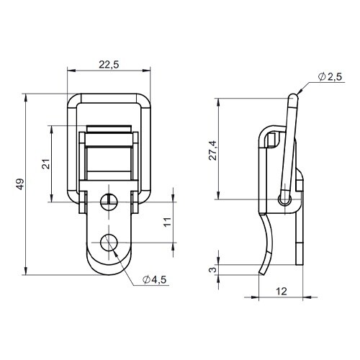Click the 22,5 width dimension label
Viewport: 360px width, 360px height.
pyautogui.click(x=109, y=65)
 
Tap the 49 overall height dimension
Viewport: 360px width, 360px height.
pyautogui.click(x=20, y=184)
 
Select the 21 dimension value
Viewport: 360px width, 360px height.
pyautogui.click(x=46, y=164)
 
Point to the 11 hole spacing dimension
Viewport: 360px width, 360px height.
pyautogui.click(x=168, y=222)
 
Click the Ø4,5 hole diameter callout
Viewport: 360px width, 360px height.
pyautogui.click(x=154, y=279)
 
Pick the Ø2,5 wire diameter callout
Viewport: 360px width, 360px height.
pyautogui.click(x=330, y=77)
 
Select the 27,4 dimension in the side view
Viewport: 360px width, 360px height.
pyautogui.click(x=212, y=150)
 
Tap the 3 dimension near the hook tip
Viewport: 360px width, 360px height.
pyautogui.click(x=212, y=270)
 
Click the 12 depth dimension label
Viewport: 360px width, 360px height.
pyautogui.click(x=282, y=292)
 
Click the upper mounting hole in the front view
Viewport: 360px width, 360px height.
pyautogui.click(x=109, y=202)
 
